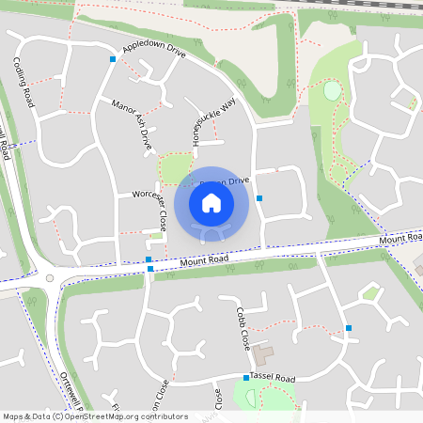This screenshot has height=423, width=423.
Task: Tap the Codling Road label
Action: (23, 83)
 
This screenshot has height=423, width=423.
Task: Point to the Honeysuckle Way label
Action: (200, 119)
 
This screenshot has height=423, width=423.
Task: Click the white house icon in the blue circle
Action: (211, 202)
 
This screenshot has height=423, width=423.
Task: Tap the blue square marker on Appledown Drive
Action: (114, 59)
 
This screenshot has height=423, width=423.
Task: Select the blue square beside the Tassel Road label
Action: (246, 378)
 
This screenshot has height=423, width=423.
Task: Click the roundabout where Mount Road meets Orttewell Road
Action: (48, 277)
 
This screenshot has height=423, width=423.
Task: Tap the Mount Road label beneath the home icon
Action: (204, 258)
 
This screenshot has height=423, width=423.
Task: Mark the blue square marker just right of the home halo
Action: (259, 197)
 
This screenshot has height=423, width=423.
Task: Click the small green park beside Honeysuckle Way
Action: (175, 169)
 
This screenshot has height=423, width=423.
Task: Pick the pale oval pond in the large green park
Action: (332, 91)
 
